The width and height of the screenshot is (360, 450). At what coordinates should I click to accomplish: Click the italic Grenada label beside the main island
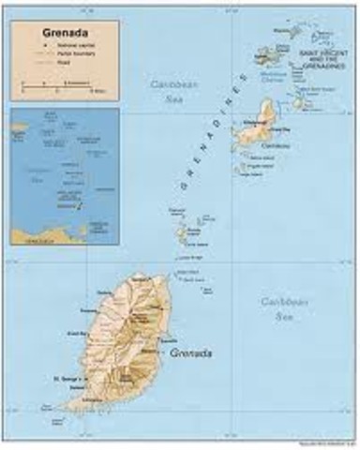(x=191, y=353)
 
